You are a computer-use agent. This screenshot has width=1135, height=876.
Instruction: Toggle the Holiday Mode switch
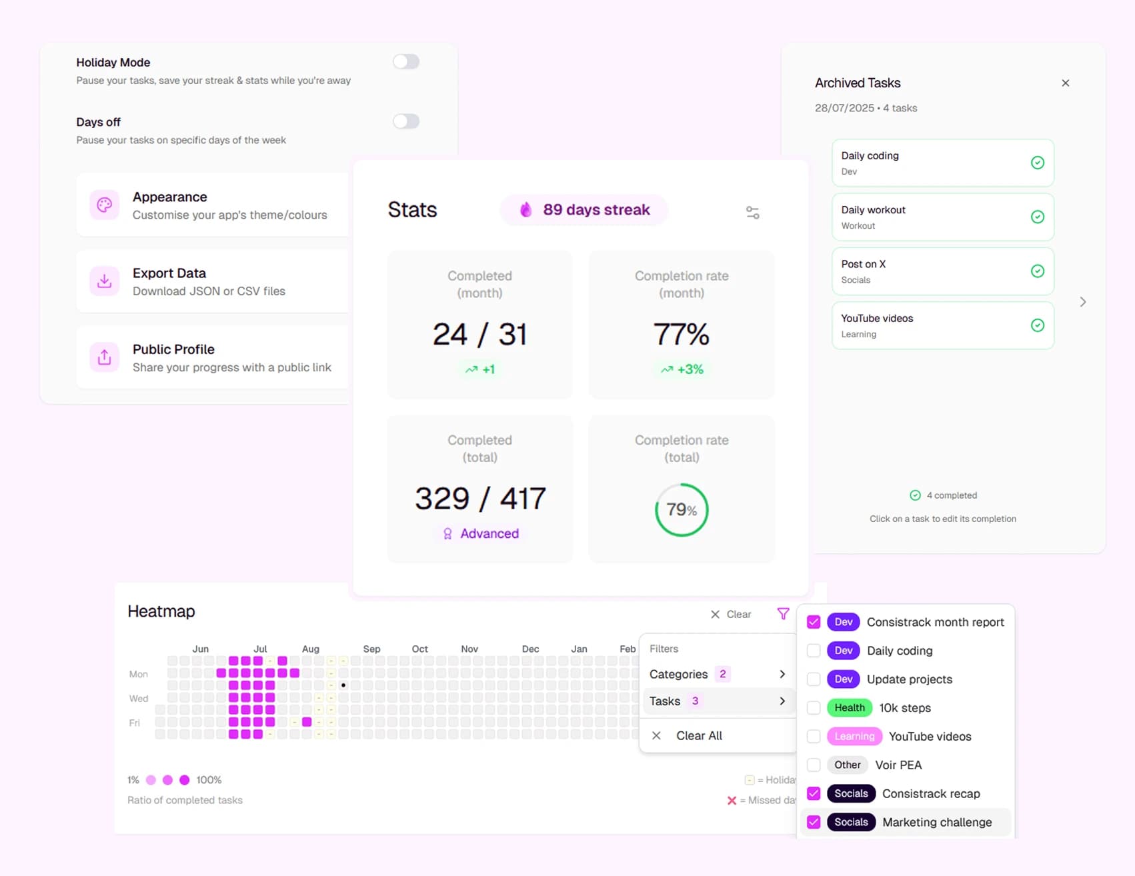point(405,62)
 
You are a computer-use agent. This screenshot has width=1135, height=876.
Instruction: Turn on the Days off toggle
point(405,121)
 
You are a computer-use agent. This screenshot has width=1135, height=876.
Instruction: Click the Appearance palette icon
point(105,205)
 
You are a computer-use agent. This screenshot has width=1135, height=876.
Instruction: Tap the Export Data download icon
point(105,281)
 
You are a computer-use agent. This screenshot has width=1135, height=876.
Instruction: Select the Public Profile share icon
point(105,357)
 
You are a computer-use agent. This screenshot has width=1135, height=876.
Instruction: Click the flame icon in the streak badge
point(526,210)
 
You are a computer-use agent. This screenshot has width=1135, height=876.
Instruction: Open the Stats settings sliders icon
point(752,213)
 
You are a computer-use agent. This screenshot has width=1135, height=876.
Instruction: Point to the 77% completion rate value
point(681,334)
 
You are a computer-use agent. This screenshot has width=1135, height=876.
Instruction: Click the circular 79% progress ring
point(681,510)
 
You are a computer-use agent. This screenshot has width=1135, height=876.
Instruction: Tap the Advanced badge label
point(489,533)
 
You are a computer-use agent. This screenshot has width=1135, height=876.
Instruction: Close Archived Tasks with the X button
point(1065,83)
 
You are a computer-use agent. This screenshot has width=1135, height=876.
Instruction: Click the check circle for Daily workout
point(1037,217)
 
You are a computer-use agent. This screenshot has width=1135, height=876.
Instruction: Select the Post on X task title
point(863,264)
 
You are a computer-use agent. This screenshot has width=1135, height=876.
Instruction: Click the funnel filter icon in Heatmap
point(783,613)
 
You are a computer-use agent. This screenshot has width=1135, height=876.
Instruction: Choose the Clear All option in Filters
point(698,735)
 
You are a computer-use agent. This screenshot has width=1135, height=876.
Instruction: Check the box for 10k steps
point(814,708)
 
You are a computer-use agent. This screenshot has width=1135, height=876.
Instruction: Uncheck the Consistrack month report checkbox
point(814,622)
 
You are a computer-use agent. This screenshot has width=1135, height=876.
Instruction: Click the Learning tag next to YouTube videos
point(854,736)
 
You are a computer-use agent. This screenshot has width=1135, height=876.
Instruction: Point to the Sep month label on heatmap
point(371,649)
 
